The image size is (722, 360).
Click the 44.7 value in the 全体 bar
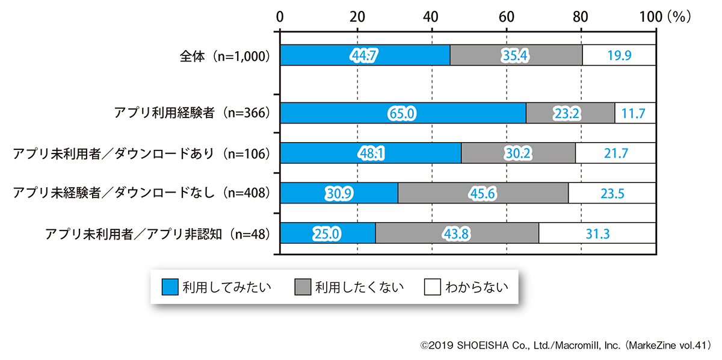tap(364, 56)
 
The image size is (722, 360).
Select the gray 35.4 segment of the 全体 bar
tap(516, 56)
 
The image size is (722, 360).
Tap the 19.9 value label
tap(619, 56)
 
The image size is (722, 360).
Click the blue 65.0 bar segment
tap(403, 113)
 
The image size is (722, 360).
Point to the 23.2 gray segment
tap(570, 113)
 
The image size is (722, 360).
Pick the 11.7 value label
tap(634, 113)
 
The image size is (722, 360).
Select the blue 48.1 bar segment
tap(371, 153)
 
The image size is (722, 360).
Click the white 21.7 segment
tap(616, 153)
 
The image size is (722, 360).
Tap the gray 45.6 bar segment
tap(483, 193)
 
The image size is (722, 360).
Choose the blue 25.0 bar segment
tap(327, 232)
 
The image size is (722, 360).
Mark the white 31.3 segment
tap(597, 232)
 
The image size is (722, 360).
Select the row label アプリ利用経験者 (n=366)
tap(191, 113)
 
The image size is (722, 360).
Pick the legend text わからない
tap(476, 287)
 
